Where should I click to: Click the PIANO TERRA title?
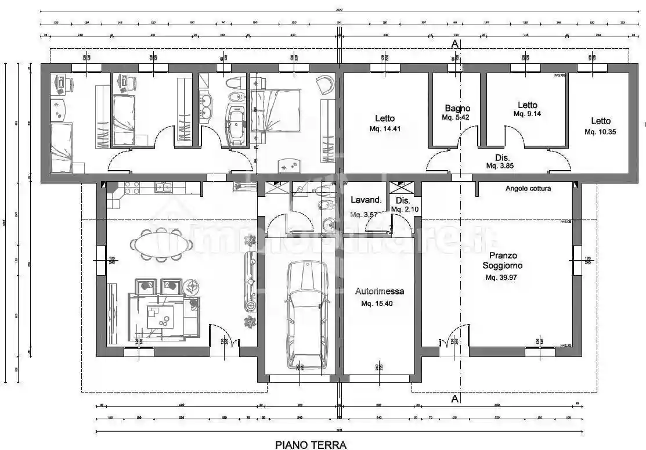(x=311, y=445)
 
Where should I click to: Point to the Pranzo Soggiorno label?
(x=503, y=260)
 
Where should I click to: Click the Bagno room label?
(x=457, y=108)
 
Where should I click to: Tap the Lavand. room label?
(x=366, y=200)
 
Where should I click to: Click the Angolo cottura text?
(x=528, y=188)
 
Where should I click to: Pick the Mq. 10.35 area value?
(x=600, y=132)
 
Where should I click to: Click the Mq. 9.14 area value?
(x=527, y=114)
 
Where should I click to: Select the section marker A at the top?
(x=455, y=44)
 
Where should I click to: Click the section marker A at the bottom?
(x=455, y=399)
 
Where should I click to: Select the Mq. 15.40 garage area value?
(x=377, y=304)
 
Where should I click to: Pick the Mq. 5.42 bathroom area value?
(x=456, y=117)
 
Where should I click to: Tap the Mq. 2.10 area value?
(x=405, y=209)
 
